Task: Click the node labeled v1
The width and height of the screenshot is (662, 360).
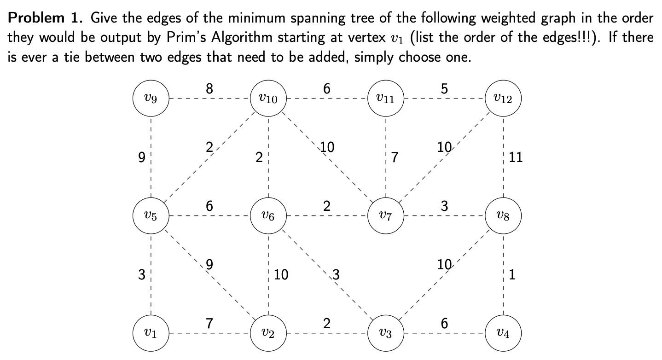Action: (151, 333)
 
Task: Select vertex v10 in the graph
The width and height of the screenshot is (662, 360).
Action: (268, 99)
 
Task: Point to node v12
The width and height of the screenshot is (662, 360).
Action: (503, 99)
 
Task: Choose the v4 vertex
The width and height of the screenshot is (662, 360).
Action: (503, 333)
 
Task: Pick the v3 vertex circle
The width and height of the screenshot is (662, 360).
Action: (386, 333)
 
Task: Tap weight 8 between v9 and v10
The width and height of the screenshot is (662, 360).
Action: (209, 89)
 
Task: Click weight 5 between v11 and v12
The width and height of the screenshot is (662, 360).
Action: (444, 89)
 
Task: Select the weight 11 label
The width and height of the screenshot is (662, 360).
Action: (516, 158)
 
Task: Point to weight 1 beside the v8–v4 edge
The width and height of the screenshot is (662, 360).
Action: (513, 275)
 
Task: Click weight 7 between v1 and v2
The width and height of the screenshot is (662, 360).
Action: (209, 324)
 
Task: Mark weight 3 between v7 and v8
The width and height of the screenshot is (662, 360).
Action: (444, 206)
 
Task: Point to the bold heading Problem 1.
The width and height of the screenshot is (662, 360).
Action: (46, 19)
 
